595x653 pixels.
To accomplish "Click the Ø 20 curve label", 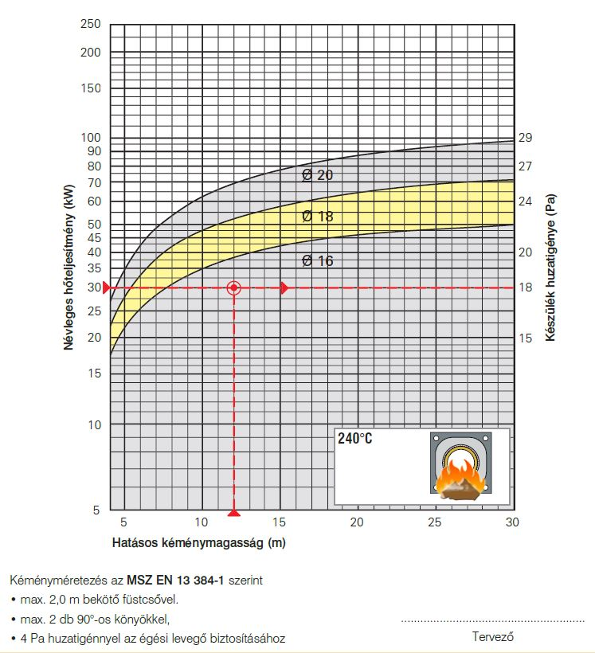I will pyautogui.click(x=317, y=174).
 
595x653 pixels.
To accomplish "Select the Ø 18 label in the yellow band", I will pyautogui.click(x=317, y=216).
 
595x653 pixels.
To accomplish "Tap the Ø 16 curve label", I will pyautogui.click(x=317, y=260).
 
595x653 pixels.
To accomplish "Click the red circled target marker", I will pyautogui.click(x=233, y=287).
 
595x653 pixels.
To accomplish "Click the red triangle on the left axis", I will pyautogui.click(x=108, y=287).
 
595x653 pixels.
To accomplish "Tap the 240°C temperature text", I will pyautogui.click(x=354, y=439).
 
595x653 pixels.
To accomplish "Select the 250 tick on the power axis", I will pyautogui.click(x=91, y=25).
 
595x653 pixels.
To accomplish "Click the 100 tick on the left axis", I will pyautogui.click(x=91, y=137).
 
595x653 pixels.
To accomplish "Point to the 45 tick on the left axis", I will pyautogui.click(x=93, y=237).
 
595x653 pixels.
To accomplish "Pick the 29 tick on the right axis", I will pyautogui.click(x=525, y=138).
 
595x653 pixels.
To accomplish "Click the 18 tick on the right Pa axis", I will pyautogui.click(x=525, y=287).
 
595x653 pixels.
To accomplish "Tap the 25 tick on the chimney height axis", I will pyautogui.click(x=435, y=522).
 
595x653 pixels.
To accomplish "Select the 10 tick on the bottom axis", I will pyautogui.click(x=201, y=522).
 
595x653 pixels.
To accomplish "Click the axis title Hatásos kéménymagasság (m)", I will pyautogui.click(x=198, y=543).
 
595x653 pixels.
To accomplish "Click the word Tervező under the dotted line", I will pyautogui.click(x=491, y=636).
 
